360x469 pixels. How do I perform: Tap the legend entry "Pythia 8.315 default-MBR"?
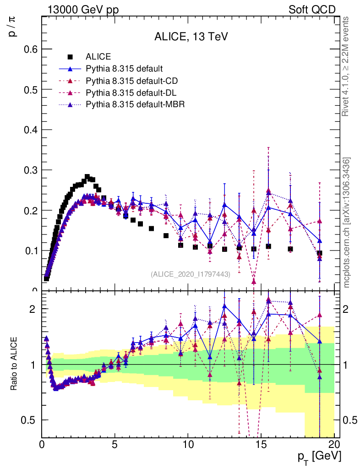coord(135,104)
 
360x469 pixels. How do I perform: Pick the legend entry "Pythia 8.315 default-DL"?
coord(131,93)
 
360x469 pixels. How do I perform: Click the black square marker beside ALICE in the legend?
coord(71,57)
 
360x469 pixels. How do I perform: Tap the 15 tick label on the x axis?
coord(261,444)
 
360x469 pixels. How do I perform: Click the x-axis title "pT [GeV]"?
coord(319,456)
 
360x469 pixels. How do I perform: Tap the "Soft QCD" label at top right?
coord(312,10)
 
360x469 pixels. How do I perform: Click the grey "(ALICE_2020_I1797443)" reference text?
coord(190,274)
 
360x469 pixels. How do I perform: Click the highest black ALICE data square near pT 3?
coord(87,177)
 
